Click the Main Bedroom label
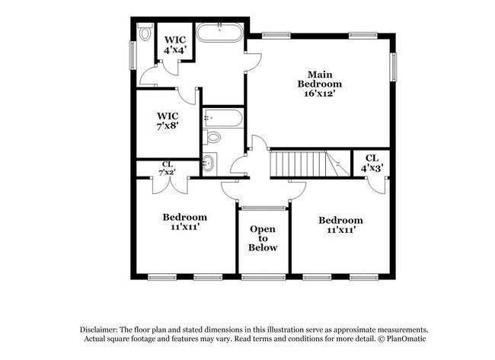coord(320,79)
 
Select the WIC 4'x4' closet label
coord(175,44)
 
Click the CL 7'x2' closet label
coord(168,167)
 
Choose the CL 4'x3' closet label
coord(372,162)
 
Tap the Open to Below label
coord(263,238)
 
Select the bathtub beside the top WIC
coord(220,33)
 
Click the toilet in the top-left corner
coord(145,33)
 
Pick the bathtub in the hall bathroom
coord(223,118)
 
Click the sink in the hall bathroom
coord(208,162)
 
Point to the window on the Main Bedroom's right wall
coord(394,67)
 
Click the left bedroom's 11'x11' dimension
coord(185,227)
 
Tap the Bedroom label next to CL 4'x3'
coord(340,218)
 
